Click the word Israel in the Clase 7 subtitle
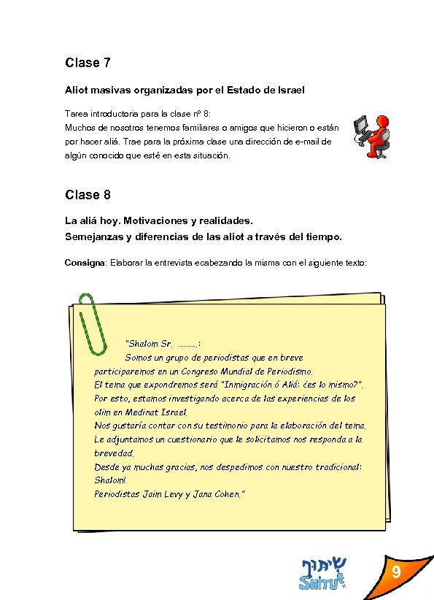(x=287, y=90)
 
